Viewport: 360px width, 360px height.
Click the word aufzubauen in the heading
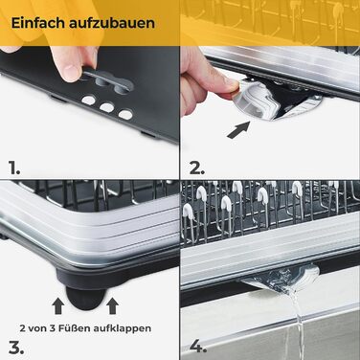(x=111, y=23)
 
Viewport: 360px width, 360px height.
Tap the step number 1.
(x=14, y=168)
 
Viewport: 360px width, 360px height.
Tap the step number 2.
(x=197, y=168)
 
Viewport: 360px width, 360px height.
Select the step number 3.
(x=16, y=348)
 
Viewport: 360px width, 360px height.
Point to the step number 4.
(x=198, y=347)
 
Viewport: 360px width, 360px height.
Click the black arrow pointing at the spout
(x=238, y=129)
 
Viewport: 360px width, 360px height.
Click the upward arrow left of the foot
(x=58, y=305)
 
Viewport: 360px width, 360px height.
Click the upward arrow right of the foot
(x=112, y=305)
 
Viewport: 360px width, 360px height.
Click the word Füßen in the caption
(x=73, y=328)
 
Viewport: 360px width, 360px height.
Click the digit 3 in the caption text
(x=52, y=328)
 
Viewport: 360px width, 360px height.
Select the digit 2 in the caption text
(x=23, y=328)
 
